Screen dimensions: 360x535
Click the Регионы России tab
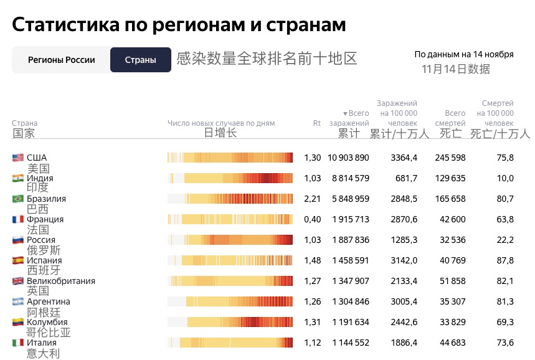[62, 60]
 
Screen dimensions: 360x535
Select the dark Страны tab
[140, 60]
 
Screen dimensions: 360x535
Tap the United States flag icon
[18, 158]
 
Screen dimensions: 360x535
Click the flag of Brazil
[18, 199]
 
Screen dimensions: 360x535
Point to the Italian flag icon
[18, 343]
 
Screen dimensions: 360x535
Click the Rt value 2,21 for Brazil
[313, 199]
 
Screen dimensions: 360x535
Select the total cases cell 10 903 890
[351, 158]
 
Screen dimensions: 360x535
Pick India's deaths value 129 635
[450, 178]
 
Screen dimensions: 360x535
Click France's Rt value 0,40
[313, 219]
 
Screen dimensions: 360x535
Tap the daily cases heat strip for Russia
[230, 240]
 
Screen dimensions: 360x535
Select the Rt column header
[316, 123]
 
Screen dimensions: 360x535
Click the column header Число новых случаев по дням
[221, 123]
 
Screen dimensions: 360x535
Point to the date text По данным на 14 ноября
[464, 54]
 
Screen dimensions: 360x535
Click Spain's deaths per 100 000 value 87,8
[504, 260]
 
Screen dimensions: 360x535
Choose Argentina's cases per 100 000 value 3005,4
[404, 301]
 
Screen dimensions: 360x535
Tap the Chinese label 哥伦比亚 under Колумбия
[49, 333]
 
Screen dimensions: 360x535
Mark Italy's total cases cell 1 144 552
[351, 343]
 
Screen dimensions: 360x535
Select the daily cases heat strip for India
[230, 178]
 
